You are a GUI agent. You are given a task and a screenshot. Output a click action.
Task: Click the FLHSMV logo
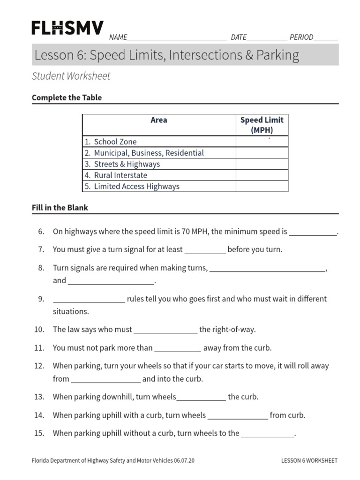67,28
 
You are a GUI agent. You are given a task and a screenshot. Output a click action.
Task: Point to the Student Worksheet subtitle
71,76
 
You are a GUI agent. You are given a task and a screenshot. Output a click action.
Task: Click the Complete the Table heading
67,97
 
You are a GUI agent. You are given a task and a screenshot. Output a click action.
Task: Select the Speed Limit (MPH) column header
262,125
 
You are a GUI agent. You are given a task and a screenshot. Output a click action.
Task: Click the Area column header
159,120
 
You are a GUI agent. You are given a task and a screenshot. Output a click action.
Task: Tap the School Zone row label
115,142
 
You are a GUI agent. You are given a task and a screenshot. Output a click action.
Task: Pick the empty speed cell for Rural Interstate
262,175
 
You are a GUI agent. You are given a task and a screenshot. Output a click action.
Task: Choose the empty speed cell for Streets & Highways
262,164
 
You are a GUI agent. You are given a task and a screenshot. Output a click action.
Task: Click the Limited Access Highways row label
136,187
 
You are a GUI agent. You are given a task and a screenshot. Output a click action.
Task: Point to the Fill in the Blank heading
60,208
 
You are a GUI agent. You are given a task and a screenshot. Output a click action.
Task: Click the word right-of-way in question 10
234,330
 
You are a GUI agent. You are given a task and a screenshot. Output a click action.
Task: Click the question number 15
39,433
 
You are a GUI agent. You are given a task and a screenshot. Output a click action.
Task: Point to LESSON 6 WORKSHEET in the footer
309,461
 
